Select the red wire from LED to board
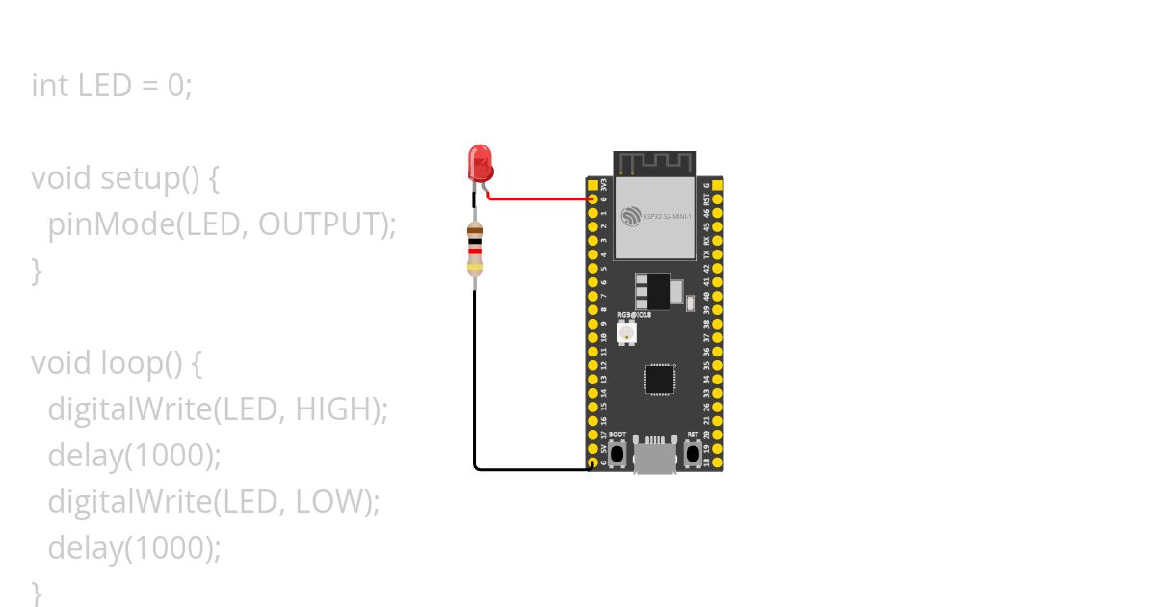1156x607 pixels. tap(539, 198)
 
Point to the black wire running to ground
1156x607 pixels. tap(474, 385)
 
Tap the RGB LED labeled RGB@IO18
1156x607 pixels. tap(627, 333)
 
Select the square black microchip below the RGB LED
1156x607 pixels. tap(660, 379)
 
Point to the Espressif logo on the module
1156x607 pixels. tap(632, 217)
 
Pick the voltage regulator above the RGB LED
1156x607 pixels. tap(655, 289)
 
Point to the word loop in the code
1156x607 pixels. tap(130, 363)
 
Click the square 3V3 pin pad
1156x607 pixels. tap(592, 184)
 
